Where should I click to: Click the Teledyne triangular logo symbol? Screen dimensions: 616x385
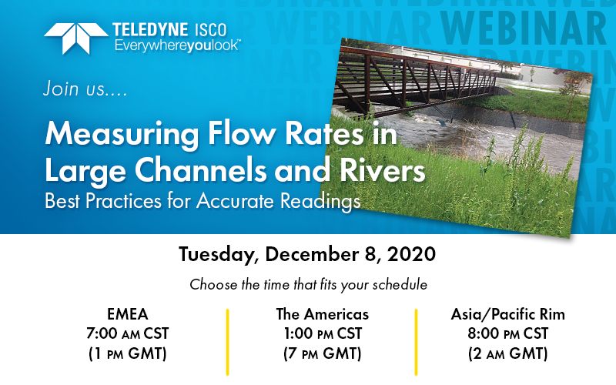pyautogui.click(x=75, y=38)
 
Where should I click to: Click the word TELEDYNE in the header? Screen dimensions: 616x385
pyautogui.click(x=149, y=30)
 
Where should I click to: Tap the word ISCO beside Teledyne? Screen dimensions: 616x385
pyautogui.click(x=210, y=30)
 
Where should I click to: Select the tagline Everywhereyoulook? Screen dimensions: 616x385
pyautogui.click(x=178, y=46)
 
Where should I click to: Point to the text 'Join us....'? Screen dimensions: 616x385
pyautogui.click(x=85, y=89)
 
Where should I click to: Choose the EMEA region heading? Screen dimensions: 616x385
pyautogui.click(x=128, y=314)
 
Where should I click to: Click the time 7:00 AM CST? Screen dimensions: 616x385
pyautogui.click(x=128, y=333)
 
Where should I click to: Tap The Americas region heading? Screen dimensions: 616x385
pyautogui.click(x=322, y=314)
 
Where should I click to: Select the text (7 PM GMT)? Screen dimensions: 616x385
pyautogui.click(x=322, y=353)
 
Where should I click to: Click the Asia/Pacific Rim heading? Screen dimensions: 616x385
pyautogui.click(x=507, y=314)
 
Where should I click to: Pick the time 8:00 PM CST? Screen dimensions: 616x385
pyautogui.click(x=507, y=333)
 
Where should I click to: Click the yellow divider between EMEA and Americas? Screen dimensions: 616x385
pyautogui.click(x=227, y=342)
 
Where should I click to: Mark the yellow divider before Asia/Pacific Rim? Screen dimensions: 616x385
pyautogui.click(x=416, y=342)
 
